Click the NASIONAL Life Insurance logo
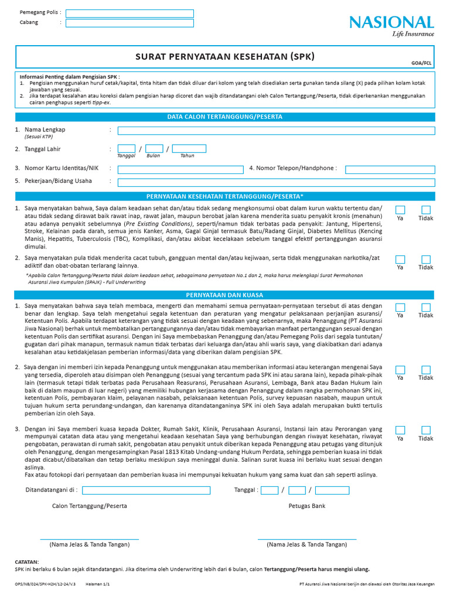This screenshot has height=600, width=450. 391,26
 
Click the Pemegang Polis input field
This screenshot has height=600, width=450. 129,13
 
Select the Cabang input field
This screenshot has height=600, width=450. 129,23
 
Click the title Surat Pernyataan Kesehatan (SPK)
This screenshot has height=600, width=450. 225,57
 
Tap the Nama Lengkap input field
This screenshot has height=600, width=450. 276,130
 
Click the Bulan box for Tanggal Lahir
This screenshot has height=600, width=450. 154,149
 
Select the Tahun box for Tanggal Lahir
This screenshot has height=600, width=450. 189,149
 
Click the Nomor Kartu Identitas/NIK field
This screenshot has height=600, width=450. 180,169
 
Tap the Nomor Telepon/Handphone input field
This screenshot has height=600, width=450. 390,169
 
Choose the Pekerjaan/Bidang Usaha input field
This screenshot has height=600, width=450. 276,182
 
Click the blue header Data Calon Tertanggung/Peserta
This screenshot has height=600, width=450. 225,117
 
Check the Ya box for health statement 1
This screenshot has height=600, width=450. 400,210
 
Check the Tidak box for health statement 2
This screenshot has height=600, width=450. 426,260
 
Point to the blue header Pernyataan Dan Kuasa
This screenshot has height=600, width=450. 225,295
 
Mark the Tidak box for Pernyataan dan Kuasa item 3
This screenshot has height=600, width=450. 426,430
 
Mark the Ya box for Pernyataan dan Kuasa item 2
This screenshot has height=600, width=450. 400,370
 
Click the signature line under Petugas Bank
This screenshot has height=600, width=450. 306,538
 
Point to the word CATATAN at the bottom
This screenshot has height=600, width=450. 27,561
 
